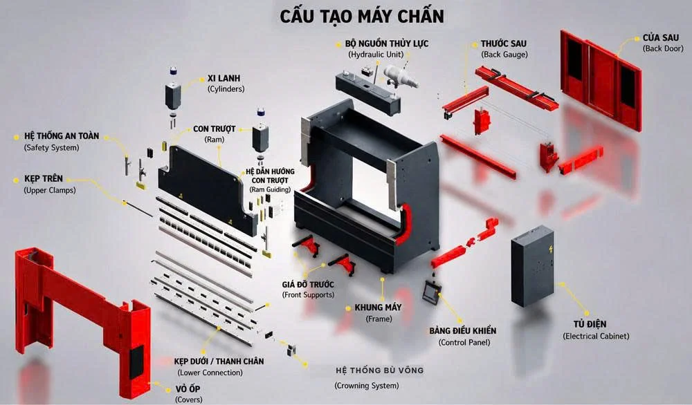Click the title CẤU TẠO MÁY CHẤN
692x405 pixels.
[362, 17]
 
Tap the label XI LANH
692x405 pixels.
[224, 78]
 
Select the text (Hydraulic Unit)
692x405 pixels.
[376, 55]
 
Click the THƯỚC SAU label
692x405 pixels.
[504, 44]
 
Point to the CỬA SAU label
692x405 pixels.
[661, 38]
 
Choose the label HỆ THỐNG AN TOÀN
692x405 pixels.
[62, 136]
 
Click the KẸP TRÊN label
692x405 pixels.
[44, 178]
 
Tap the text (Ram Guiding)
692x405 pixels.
[270, 189]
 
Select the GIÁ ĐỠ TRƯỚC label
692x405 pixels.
[308, 284]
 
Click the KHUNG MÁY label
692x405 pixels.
[379, 307]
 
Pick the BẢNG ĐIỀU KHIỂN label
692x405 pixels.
[463, 330]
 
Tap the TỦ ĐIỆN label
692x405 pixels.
[590, 324]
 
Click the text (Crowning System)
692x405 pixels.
[367, 386]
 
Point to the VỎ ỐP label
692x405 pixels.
[188, 388]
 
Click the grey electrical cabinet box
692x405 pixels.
[533, 266]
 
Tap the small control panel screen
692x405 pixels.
[431, 292]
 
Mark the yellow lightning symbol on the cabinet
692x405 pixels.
[550, 249]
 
